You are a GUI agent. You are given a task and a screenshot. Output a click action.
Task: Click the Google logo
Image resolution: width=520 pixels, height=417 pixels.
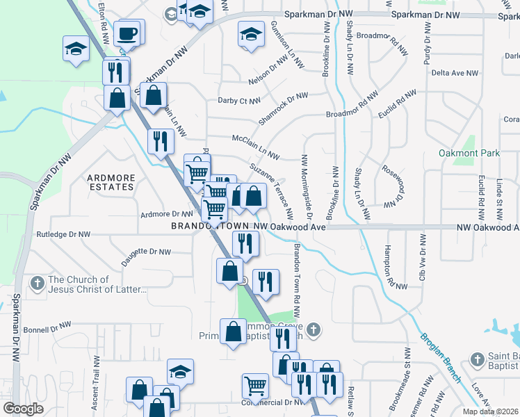tap(23, 409)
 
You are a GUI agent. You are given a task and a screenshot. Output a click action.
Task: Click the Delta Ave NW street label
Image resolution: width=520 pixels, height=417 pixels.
tap(455, 73)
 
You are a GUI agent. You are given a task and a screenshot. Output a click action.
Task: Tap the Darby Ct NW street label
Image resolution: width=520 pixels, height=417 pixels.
tap(239, 101)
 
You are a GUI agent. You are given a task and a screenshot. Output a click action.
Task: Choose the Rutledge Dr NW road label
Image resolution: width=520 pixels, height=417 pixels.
tap(63, 235)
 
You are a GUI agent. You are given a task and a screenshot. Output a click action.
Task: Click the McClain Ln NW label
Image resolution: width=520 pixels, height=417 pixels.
tap(255, 147)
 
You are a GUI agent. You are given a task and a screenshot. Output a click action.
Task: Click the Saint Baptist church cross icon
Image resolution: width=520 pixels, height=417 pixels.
tap(476, 359)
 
